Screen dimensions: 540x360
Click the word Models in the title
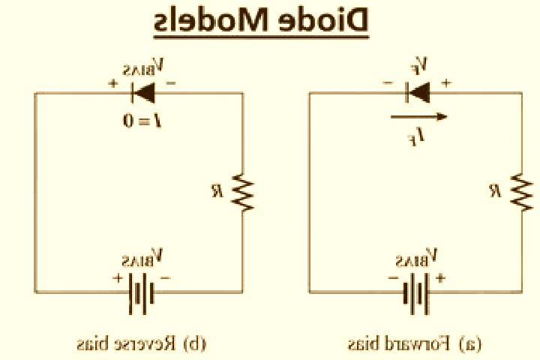pyautogui.click(x=211, y=19)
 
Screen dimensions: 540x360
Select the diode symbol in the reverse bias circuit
pyautogui.click(x=143, y=93)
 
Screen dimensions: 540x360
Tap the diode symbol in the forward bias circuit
pyautogui.click(x=418, y=93)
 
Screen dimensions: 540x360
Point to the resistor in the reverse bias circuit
pyautogui.click(x=243, y=193)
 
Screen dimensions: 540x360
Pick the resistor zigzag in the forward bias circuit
pyautogui.click(x=522, y=193)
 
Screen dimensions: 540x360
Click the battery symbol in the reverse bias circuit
pyautogui.click(x=141, y=293)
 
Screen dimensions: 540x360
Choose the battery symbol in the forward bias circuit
pyautogui.click(x=416, y=293)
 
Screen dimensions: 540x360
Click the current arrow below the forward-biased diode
pyautogui.click(x=418, y=117)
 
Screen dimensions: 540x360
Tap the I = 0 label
pyautogui.click(x=142, y=121)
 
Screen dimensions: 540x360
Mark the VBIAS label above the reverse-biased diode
pyautogui.click(x=143, y=67)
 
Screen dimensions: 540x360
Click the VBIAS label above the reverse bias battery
pyautogui.click(x=142, y=258)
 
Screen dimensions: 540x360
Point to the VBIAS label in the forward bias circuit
pyautogui.click(x=416, y=258)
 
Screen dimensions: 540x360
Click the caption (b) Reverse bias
pyautogui.click(x=142, y=343)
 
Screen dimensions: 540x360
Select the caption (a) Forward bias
pyautogui.click(x=415, y=343)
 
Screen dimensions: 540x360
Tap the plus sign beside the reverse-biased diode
pyautogui.click(x=113, y=83)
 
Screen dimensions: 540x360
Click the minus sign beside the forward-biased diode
pyautogui.click(x=388, y=82)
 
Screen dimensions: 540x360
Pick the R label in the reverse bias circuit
pyautogui.click(x=217, y=191)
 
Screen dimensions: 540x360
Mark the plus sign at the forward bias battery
pyautogui.click(x=440, y=277)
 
